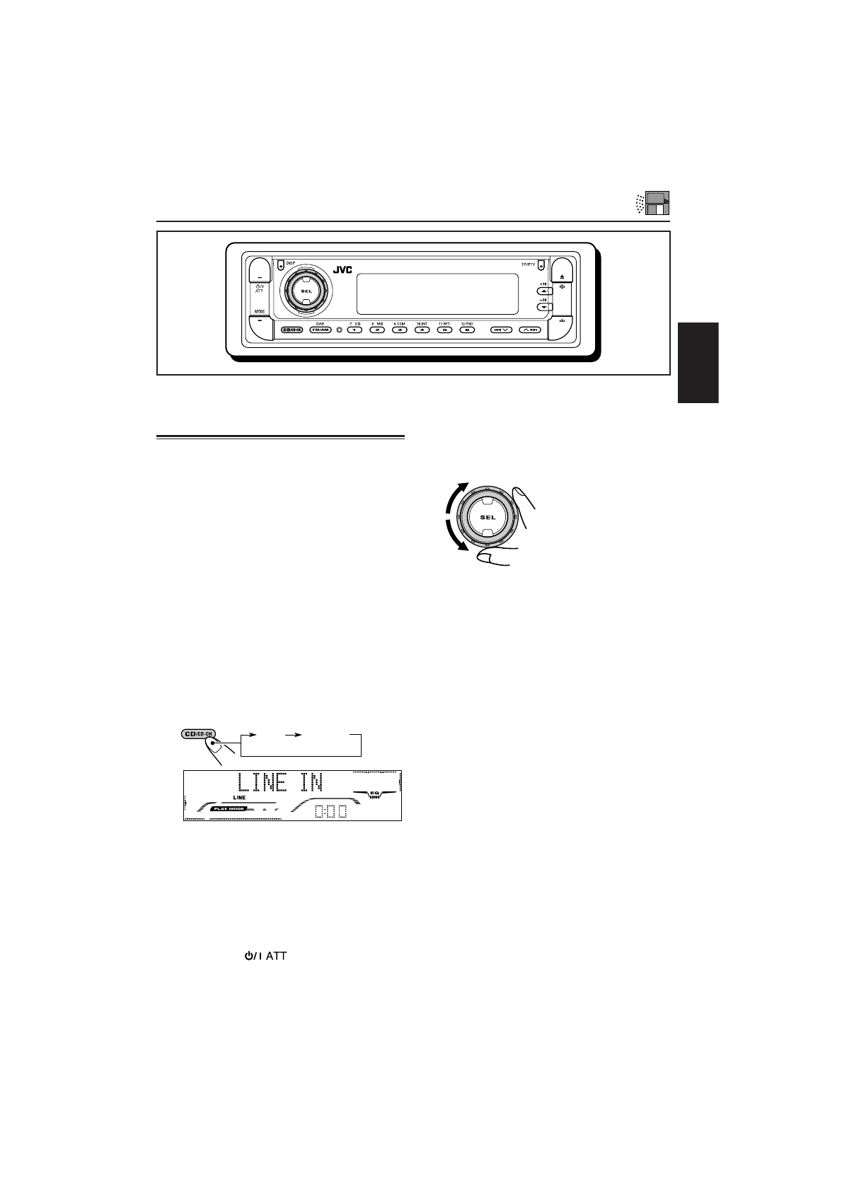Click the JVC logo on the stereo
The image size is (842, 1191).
(342, 270)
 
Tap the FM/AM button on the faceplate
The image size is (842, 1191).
(320, 330)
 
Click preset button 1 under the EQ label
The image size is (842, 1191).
(354, 330)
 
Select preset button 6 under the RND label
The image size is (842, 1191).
(466, 330)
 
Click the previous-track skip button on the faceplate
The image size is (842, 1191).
(502, 330)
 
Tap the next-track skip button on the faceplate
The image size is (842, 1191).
(530, 330)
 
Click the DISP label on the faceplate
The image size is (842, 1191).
(290, 263)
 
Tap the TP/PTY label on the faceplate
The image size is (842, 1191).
(529, 265)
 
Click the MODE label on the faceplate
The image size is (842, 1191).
(260, 311)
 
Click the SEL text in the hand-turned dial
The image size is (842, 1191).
(488, 517)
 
